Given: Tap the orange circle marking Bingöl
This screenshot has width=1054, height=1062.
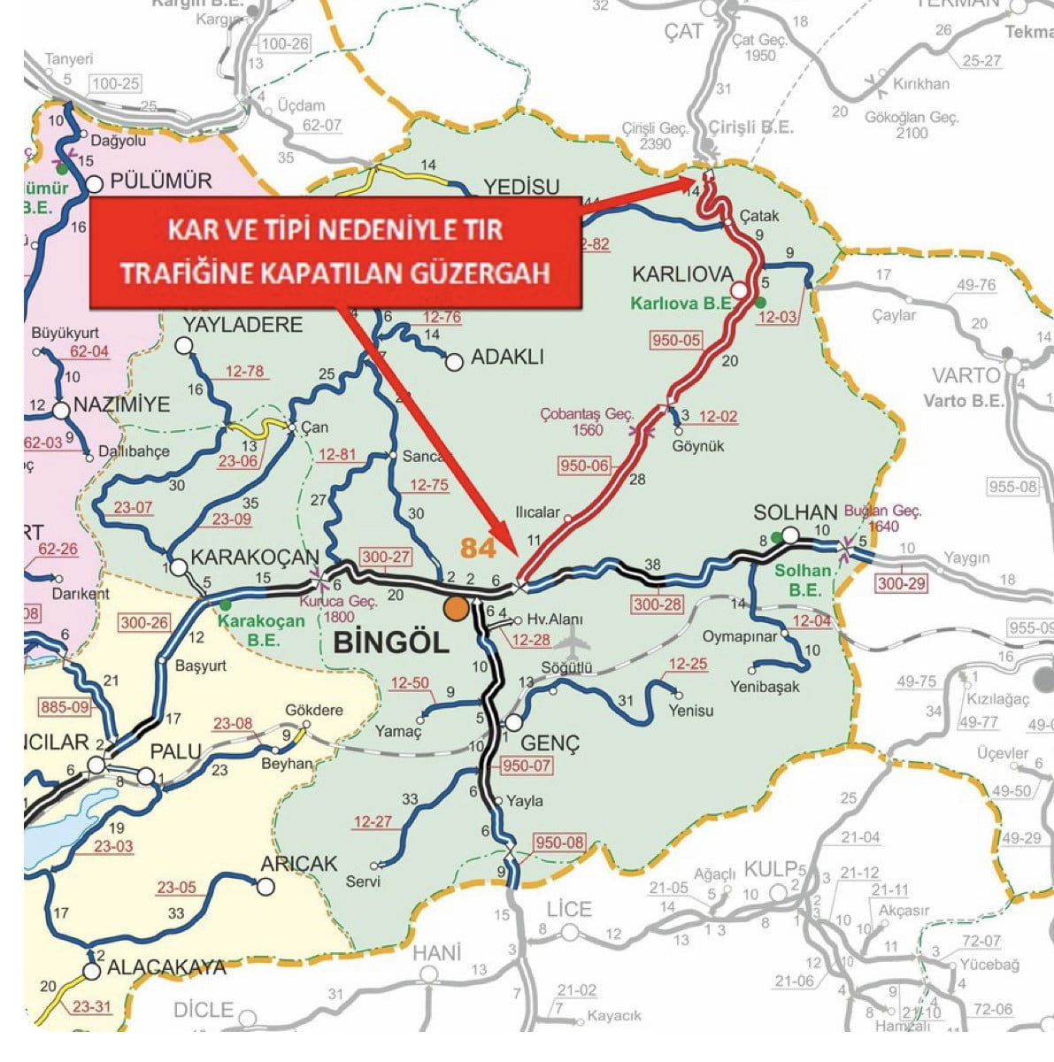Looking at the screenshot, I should (457, 609).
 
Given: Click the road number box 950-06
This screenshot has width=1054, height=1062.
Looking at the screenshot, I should (584, 466).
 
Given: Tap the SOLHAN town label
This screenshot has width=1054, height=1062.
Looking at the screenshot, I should (795, 512).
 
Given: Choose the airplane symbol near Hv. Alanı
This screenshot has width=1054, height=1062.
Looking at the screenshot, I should (574, 637).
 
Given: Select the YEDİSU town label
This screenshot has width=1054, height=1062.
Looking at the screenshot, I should (521, 186).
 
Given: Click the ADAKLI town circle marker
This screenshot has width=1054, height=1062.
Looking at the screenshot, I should (455, 361).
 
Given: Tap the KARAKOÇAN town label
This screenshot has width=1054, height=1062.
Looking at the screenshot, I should (255, 558).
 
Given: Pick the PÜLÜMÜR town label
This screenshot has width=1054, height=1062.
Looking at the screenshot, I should (161, 181).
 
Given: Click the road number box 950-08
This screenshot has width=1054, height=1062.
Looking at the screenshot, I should (559, 843).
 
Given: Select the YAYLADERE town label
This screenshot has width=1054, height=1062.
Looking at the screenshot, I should (242, 325).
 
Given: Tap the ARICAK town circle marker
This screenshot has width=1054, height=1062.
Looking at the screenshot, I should (265, 888).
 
